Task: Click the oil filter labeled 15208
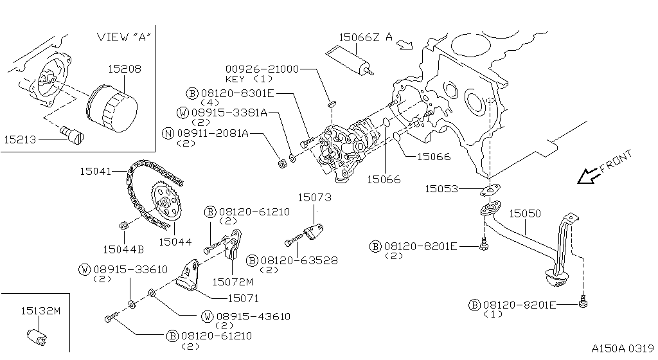click(x=112, y=107)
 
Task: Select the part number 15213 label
click(x=20, y=139)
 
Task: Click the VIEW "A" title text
click(x=124, y=37)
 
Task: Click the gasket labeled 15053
click(x=490, y=190)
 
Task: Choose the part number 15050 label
click(x=525, y=213)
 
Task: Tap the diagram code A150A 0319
click(x=623, y=348)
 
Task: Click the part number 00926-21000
click(x=262, y=69)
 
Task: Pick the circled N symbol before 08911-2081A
click(x=168, y=134)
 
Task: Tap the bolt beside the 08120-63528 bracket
click(x=294, y=240)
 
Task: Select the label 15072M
click(x=233, y=282)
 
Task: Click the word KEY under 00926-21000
click(x=235, y=79)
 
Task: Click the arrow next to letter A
click(x=405, y=44)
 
